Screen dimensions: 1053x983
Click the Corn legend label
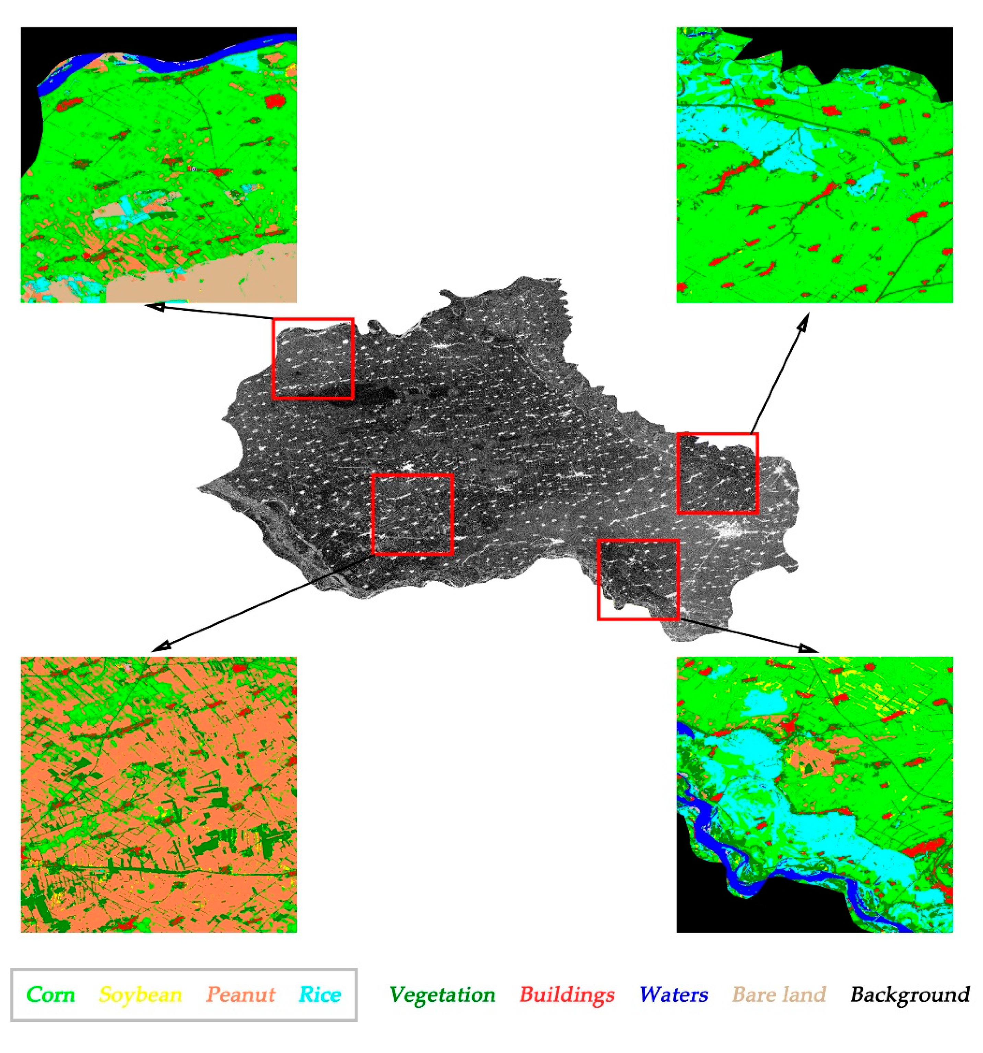point(51,994)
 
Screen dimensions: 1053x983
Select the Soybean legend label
point(140,994)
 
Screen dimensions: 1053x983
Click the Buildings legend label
point(567,994)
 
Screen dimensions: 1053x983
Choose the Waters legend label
point(674,994)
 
